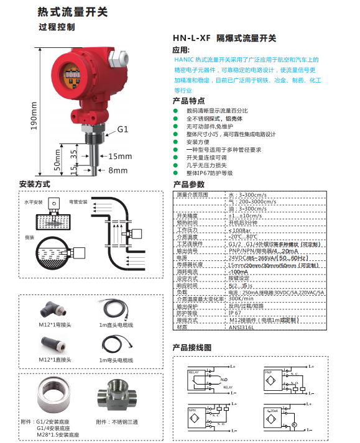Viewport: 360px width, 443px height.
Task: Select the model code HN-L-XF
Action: click(x=192, y=38)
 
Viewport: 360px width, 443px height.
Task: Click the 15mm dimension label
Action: click(x=121, y=156)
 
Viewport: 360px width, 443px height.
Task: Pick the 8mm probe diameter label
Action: click(x=118, y=170)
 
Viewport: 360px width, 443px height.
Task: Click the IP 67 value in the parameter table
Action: click(x=235, y=314)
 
